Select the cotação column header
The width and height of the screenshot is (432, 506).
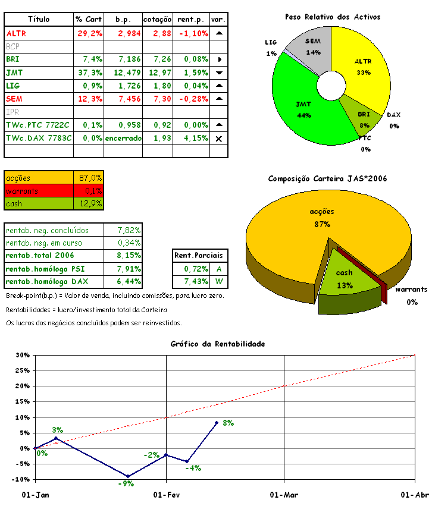158,20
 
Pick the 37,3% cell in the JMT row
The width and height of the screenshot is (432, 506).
89,73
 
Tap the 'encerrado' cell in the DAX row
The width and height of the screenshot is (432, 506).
123,138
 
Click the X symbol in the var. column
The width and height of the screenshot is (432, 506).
219,138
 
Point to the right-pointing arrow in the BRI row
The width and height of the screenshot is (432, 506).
219,59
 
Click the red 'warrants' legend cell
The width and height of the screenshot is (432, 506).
38,191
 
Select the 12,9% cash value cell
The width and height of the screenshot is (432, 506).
90,204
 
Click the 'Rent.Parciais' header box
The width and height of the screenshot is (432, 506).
190,256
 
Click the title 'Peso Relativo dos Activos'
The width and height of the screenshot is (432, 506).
332,17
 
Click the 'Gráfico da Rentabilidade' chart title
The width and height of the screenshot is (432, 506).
217,344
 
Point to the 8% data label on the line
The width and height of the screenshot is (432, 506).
228,423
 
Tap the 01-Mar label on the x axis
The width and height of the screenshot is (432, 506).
284,495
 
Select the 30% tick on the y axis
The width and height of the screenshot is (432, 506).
22,356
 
